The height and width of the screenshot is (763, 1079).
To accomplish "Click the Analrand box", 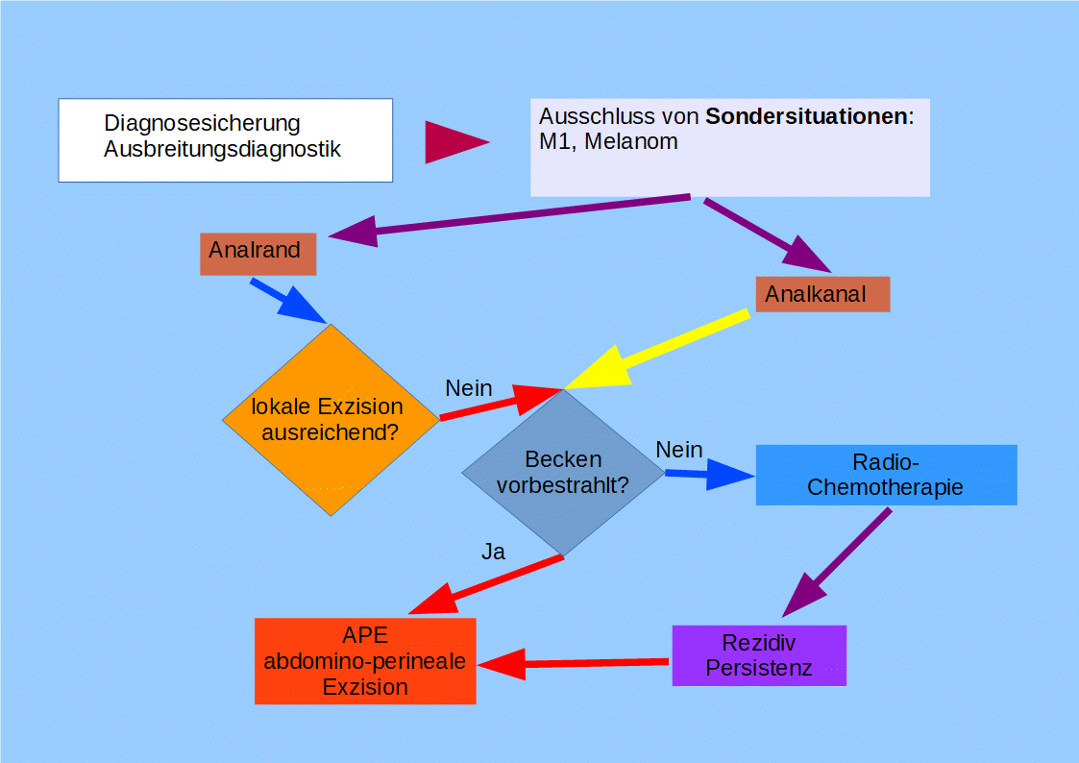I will click(257, 254).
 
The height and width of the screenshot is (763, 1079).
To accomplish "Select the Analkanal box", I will click(822, 294).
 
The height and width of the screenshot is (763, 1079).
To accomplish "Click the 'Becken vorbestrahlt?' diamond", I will click(563, 473).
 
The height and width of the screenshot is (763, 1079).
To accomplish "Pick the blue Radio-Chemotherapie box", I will click(886, 475).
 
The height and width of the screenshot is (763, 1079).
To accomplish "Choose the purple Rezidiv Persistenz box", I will click(759, 655).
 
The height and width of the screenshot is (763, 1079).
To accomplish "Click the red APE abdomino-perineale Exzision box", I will click(365, 661).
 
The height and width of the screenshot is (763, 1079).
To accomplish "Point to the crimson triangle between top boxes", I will click(452, 142).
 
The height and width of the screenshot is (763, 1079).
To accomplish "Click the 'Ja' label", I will click(493, 552).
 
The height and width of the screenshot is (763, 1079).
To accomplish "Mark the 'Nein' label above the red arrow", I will click(469, 388).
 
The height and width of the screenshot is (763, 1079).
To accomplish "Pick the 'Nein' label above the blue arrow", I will click(679, 450).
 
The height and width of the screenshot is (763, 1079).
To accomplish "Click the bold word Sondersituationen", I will click(807, 117).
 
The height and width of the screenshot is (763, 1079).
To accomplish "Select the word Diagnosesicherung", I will click(202, 124).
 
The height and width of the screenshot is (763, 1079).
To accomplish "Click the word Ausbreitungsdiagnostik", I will click(222, 150).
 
